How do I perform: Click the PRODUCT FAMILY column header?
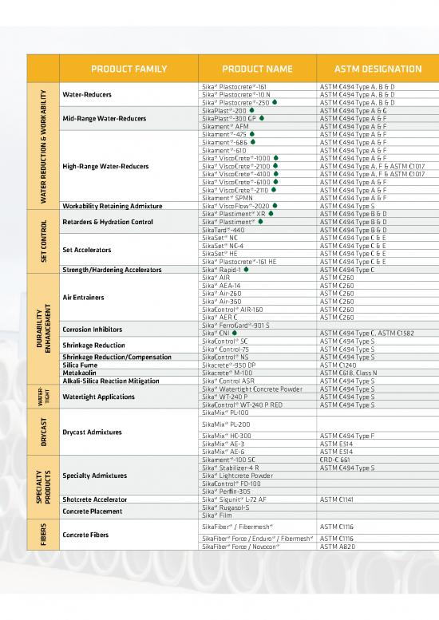point(129,69)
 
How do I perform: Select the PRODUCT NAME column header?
point(257,69)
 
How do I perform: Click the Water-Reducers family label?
point(87,94)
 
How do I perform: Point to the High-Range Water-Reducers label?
point(105,166)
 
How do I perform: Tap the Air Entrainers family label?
point(84,298)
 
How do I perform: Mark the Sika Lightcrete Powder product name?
point(237,476)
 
